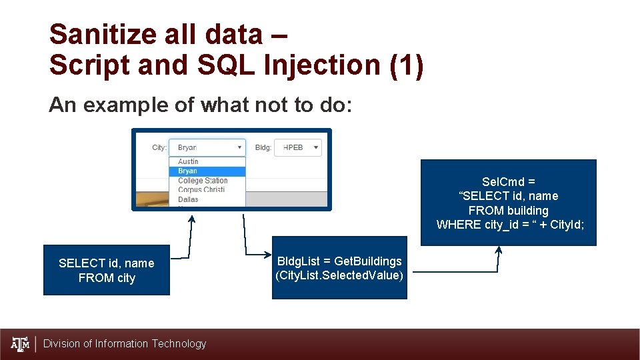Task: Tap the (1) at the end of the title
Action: point(409,65)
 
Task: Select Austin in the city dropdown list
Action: point(188,162)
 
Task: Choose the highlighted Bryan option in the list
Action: point(188,171)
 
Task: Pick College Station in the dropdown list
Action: point(203,181)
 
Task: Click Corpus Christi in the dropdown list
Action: point(201,190)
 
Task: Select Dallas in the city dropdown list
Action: point(188,199)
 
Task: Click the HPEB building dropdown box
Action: point(297,147)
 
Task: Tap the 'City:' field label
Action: point(159,147)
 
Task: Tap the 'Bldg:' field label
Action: point(263,147)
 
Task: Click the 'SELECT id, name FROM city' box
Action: point(107,270)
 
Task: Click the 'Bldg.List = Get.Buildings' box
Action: point(339,267)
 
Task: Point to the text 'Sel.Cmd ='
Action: point(509,181)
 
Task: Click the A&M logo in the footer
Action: point(21,344)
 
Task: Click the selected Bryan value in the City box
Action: point(187,147)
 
